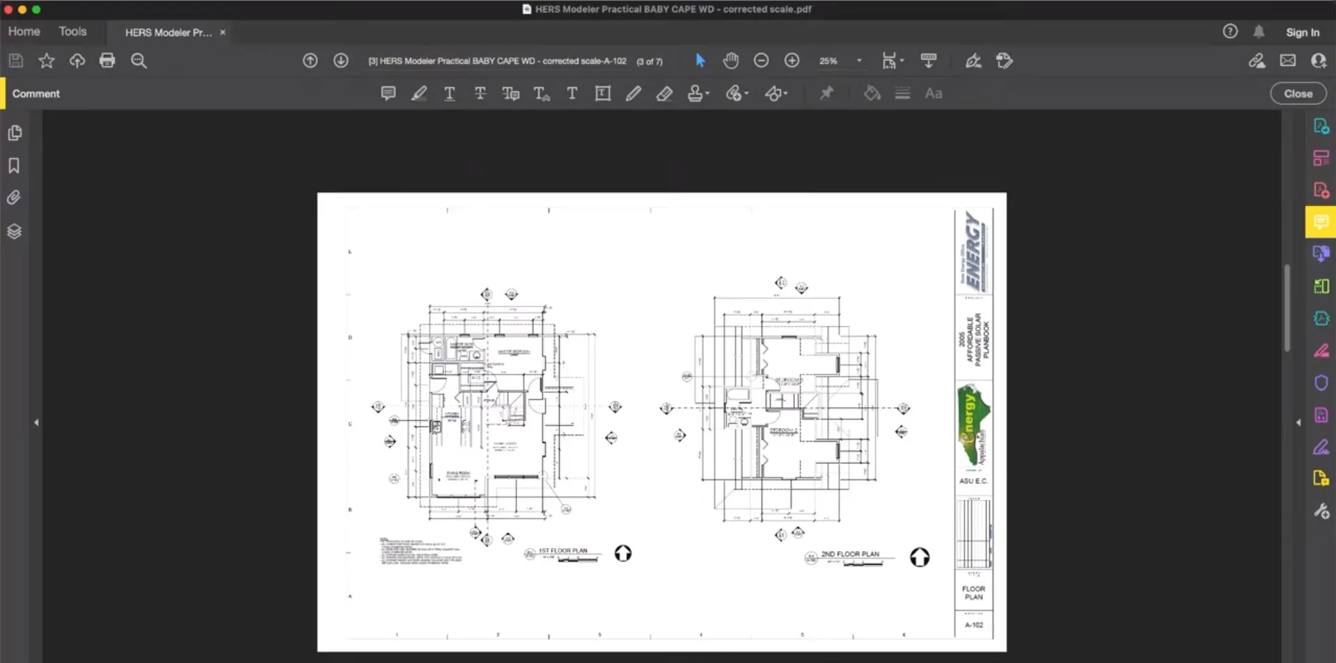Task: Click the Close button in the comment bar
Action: [x=1298, y=94]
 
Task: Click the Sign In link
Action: [x=1302, y=32]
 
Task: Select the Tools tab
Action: [x=72, y=31]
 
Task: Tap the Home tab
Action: [x=24, y=31]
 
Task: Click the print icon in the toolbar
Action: [x=107, y=61]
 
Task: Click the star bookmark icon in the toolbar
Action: [x=47, y=61]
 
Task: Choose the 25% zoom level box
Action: [x=829, y=61]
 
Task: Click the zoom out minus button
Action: [x=761, y=61]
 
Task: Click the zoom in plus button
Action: [x=792, y=61]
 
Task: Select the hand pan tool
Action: [x=730, y=61]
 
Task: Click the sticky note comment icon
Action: [x=388, y=93]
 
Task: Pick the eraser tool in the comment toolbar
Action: [x=664, y=93]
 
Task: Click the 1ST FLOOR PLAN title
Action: [x=563, y=550]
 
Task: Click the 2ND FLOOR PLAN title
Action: [x=849, y=554]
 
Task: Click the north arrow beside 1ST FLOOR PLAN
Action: [x=623, y=553]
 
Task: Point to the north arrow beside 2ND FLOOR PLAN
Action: [x=920, y=557]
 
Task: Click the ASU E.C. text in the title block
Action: [x=973, y=481]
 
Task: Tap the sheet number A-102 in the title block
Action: [x=973, y=625]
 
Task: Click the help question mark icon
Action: [x=1230, y=31]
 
